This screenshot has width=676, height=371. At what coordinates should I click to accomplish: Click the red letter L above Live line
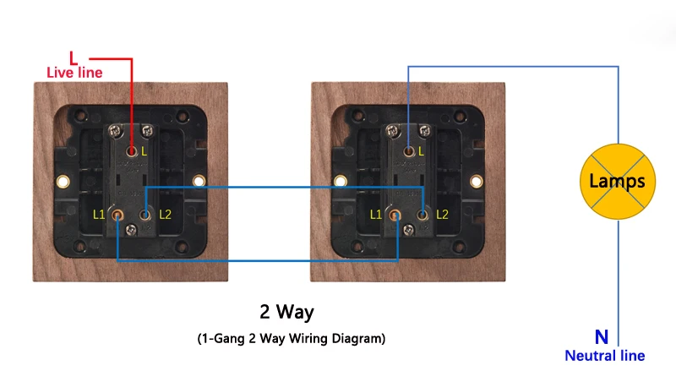[74, 57]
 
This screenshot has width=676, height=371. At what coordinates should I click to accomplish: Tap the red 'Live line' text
[74, 73]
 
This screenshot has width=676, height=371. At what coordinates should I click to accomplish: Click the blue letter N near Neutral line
[601, 337]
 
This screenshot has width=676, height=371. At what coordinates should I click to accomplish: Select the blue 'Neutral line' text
[604, 356]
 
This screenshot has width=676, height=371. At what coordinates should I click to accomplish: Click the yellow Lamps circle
[617, 180]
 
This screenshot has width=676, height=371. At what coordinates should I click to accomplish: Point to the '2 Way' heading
[286, 312]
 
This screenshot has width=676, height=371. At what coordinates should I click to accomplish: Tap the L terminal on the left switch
[133, 151]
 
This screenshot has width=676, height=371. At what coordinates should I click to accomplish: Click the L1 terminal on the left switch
[117, 215]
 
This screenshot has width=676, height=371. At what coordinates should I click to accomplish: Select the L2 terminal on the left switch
[147, 215]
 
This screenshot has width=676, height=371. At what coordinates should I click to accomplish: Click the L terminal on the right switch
[409, 151]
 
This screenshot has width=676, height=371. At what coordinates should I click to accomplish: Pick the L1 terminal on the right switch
[394, 215]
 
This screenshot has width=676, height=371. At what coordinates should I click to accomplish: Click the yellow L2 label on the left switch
[165, 215]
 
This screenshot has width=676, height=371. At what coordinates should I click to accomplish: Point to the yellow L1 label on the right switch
[377, 215]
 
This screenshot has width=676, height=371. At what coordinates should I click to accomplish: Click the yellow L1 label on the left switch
[100, 215]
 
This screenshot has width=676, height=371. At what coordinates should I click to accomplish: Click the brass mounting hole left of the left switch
[62, 181]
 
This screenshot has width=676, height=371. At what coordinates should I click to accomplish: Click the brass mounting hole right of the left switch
[199, 181]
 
